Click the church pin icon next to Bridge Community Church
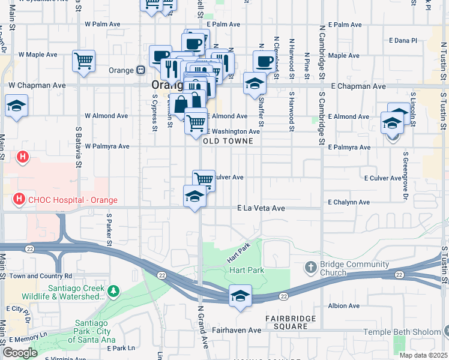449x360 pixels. pos(310,266)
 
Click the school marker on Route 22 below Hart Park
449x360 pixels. pos(240,296)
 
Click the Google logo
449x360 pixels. pos(20,353)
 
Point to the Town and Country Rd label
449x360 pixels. pos(40,276)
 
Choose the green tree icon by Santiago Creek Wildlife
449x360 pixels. pos(114,291)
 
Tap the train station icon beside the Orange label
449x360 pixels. pos(140,70)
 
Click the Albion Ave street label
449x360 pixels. pos(344,305)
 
